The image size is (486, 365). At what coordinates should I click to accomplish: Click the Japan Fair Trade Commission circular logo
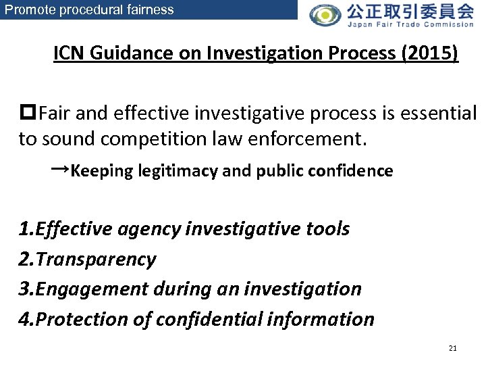point(325,14)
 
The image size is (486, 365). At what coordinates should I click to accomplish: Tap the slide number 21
point(452,348)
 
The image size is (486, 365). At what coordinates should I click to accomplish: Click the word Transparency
point(96,259)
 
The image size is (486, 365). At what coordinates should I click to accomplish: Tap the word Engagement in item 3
point(86,289)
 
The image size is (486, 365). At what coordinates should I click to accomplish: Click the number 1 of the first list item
point(24,229)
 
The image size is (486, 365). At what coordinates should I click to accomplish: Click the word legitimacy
point(178,171)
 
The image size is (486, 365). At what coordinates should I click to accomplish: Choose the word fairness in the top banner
point(151,9)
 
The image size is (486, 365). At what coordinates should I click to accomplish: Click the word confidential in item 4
point(215,318)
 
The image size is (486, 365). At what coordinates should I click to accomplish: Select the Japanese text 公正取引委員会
point(410,11)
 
